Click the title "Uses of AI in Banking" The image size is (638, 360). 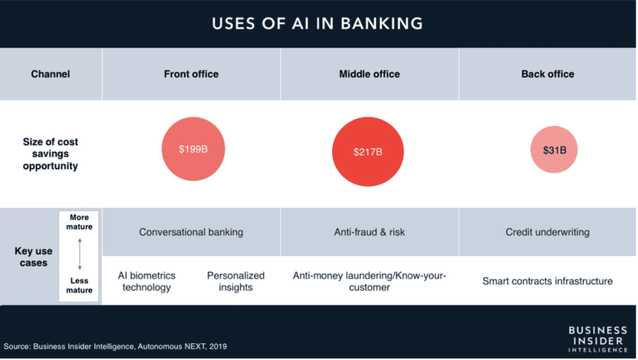(317, 24)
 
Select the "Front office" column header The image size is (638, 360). (191, 74)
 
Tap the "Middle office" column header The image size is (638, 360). (369, 74)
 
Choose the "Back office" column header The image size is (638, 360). (548, 74)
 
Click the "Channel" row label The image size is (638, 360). (50, 74)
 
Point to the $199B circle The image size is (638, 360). (193, 149)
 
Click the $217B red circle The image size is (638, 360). (368, 151)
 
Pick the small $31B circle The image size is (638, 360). (554, 150)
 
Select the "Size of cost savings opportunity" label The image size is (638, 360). (50, 154)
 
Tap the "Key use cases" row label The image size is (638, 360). (34, 257)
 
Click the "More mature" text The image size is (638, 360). (79, 222)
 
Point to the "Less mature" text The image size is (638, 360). (79, 286)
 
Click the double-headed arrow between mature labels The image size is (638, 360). (79, 254)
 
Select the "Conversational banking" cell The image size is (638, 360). (191, 232)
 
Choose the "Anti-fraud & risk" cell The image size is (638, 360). (369, 232)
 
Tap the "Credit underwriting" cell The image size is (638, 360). (547, 232)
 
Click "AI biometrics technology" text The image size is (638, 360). (146, 281)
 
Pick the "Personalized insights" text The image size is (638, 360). (236, 281)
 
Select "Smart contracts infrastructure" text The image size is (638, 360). (547, 281)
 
